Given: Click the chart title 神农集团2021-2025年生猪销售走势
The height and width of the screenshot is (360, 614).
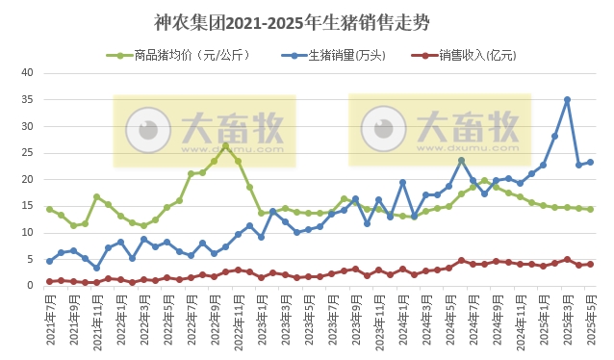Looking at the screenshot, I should pyautogui.click(x=307, y=20).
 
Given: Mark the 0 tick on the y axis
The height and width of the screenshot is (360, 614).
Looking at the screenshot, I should pyautogui.click(x=30, y=286).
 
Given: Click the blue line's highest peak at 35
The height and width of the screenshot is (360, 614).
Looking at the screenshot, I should pyautogui.click(x=567, y=99).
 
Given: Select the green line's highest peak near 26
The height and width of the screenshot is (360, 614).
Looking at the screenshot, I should pyautogui.click(x=225, y=146).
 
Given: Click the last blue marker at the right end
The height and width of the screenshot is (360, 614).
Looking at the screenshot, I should pyautogui.click(x=590, y=163).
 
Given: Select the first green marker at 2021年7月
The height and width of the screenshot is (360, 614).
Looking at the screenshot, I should pyautogui.click(x=49, y=209).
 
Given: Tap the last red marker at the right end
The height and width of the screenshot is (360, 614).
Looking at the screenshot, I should pyautogui.click(x=590, y=264).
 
